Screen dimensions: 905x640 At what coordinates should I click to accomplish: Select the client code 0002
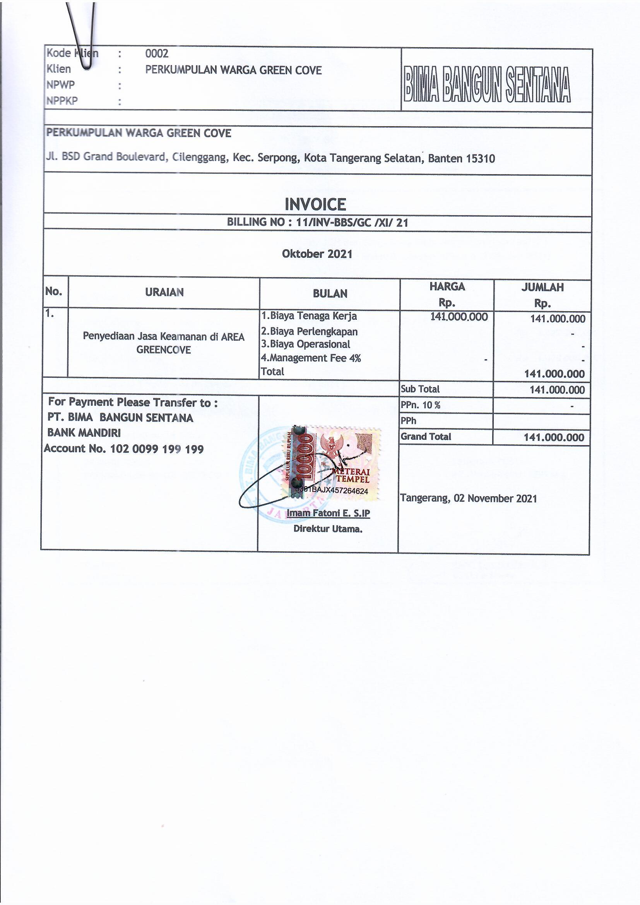coord(156,53)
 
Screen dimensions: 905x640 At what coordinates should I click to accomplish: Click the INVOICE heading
coord(315,204)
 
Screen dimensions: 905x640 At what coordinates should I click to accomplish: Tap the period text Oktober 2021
coord(317,254)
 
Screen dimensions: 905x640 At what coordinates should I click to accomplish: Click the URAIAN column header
coord(164,292)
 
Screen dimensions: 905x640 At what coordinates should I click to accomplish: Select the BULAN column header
coord(330,293)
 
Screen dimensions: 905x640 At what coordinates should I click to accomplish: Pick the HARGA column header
coord(447,286)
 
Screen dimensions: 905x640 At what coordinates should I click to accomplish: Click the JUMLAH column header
coord(542,287)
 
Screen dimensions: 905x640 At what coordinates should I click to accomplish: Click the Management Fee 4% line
coord(311,358)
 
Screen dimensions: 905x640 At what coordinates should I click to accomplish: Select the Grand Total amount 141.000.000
coord(554,437)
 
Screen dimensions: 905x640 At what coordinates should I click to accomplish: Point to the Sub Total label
coord(420,389)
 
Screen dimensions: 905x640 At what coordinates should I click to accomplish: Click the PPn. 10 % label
coord(421,405)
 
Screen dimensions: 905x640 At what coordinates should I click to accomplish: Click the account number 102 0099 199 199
coord(157,449)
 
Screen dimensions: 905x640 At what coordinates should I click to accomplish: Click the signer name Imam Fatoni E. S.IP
coord(328,513)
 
